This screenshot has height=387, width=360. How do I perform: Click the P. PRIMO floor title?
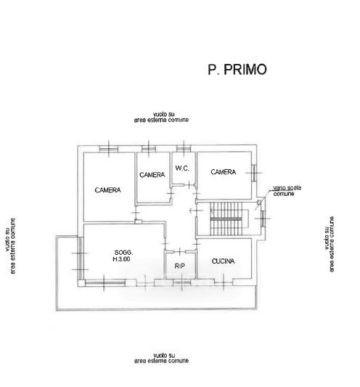(237, 70)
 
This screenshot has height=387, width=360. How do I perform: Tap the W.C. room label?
(182, 168)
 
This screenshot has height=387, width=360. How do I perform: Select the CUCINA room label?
(223, 261)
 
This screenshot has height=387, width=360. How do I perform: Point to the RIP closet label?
(179, 266)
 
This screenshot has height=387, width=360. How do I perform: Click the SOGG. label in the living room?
(123, 253)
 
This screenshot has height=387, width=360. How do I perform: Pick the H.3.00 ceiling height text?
(121, 259)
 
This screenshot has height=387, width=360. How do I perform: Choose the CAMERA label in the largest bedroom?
(108, 190)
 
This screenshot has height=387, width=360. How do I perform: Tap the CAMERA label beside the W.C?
(152, 175)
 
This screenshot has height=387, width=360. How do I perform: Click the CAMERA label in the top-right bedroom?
(224, 172)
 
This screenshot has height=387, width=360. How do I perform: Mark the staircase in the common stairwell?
(226, 219)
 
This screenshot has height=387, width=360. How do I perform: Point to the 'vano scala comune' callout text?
(287, 191)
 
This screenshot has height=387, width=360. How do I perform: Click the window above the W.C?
(184, 148)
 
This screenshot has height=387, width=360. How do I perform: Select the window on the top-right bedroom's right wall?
(254, 173)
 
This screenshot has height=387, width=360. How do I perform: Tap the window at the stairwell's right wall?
(263, 219)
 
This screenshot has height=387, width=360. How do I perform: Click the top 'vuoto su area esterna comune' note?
(161, 117)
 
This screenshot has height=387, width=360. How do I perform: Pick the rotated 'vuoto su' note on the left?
(10, 245)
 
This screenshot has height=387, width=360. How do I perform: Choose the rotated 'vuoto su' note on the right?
(330, 245)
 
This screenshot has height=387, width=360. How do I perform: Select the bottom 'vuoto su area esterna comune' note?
(162, 358)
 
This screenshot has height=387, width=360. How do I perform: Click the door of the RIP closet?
(180, 251)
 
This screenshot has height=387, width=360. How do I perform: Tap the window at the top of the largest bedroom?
(109, 149)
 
